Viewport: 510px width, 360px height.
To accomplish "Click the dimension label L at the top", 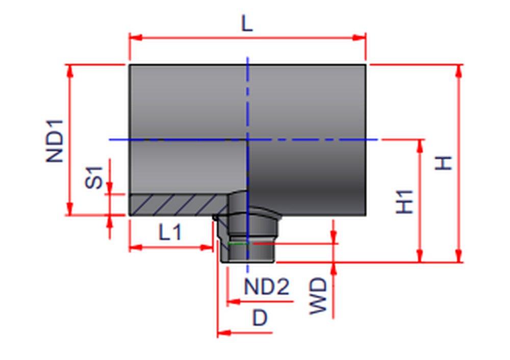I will point(247,24).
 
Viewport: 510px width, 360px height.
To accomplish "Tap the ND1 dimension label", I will point(56,141).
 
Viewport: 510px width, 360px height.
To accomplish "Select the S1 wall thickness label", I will point(94,177).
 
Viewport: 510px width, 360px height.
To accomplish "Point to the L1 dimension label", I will point(170,233).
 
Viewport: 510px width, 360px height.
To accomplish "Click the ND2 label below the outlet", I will point(266,287).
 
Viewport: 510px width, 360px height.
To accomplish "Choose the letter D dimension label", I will point(260,318).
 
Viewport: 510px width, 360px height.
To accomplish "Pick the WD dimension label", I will point(319,296).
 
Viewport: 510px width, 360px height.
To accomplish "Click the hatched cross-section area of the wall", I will point(173,204).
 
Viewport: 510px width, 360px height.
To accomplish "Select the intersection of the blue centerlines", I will point(248,139).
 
